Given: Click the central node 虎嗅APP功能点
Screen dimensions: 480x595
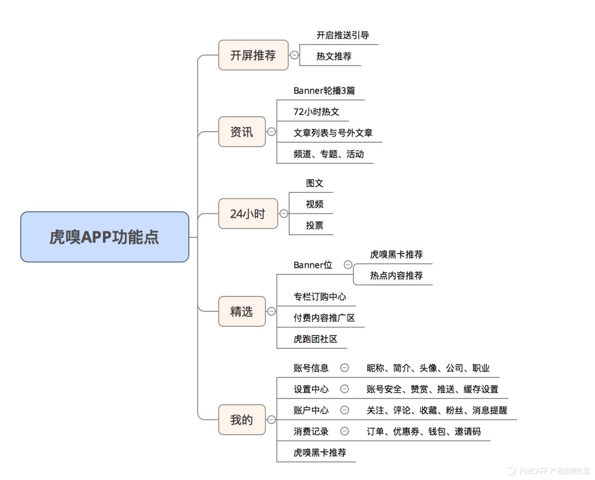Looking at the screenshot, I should tap(105, 237).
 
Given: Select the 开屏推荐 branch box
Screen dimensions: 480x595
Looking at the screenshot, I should tap(253, 55).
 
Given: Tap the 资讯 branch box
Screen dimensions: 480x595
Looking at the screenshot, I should tap(242, 132).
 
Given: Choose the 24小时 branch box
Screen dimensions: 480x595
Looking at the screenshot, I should tap(247, 214).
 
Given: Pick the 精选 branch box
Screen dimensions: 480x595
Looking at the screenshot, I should tap(242, 311).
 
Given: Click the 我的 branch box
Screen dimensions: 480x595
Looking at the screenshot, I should tap(242, 420).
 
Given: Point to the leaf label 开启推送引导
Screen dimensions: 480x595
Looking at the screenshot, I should tap(343, 35).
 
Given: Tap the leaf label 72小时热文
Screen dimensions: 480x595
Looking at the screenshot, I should tap(316, 112).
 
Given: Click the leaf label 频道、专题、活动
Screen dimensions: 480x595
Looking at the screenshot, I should tap(328, 154).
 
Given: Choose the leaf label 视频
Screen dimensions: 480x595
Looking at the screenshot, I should tap(315, 204).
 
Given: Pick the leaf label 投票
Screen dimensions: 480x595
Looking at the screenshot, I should tap(315, 225).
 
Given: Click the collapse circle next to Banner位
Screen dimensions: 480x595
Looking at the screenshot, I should tap(348, 265).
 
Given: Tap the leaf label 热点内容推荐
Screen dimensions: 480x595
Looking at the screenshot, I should tap(396, 276).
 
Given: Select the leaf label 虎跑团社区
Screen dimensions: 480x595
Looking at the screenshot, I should tap(315, 339).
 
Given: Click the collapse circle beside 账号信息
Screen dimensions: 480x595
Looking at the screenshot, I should tap(344, 368).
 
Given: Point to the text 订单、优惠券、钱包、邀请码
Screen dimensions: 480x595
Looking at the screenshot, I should tap(424, 432).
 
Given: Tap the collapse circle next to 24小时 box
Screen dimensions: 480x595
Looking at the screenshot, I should tap(284, 214).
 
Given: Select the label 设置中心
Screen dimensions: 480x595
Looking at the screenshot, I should tap(311, 390).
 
